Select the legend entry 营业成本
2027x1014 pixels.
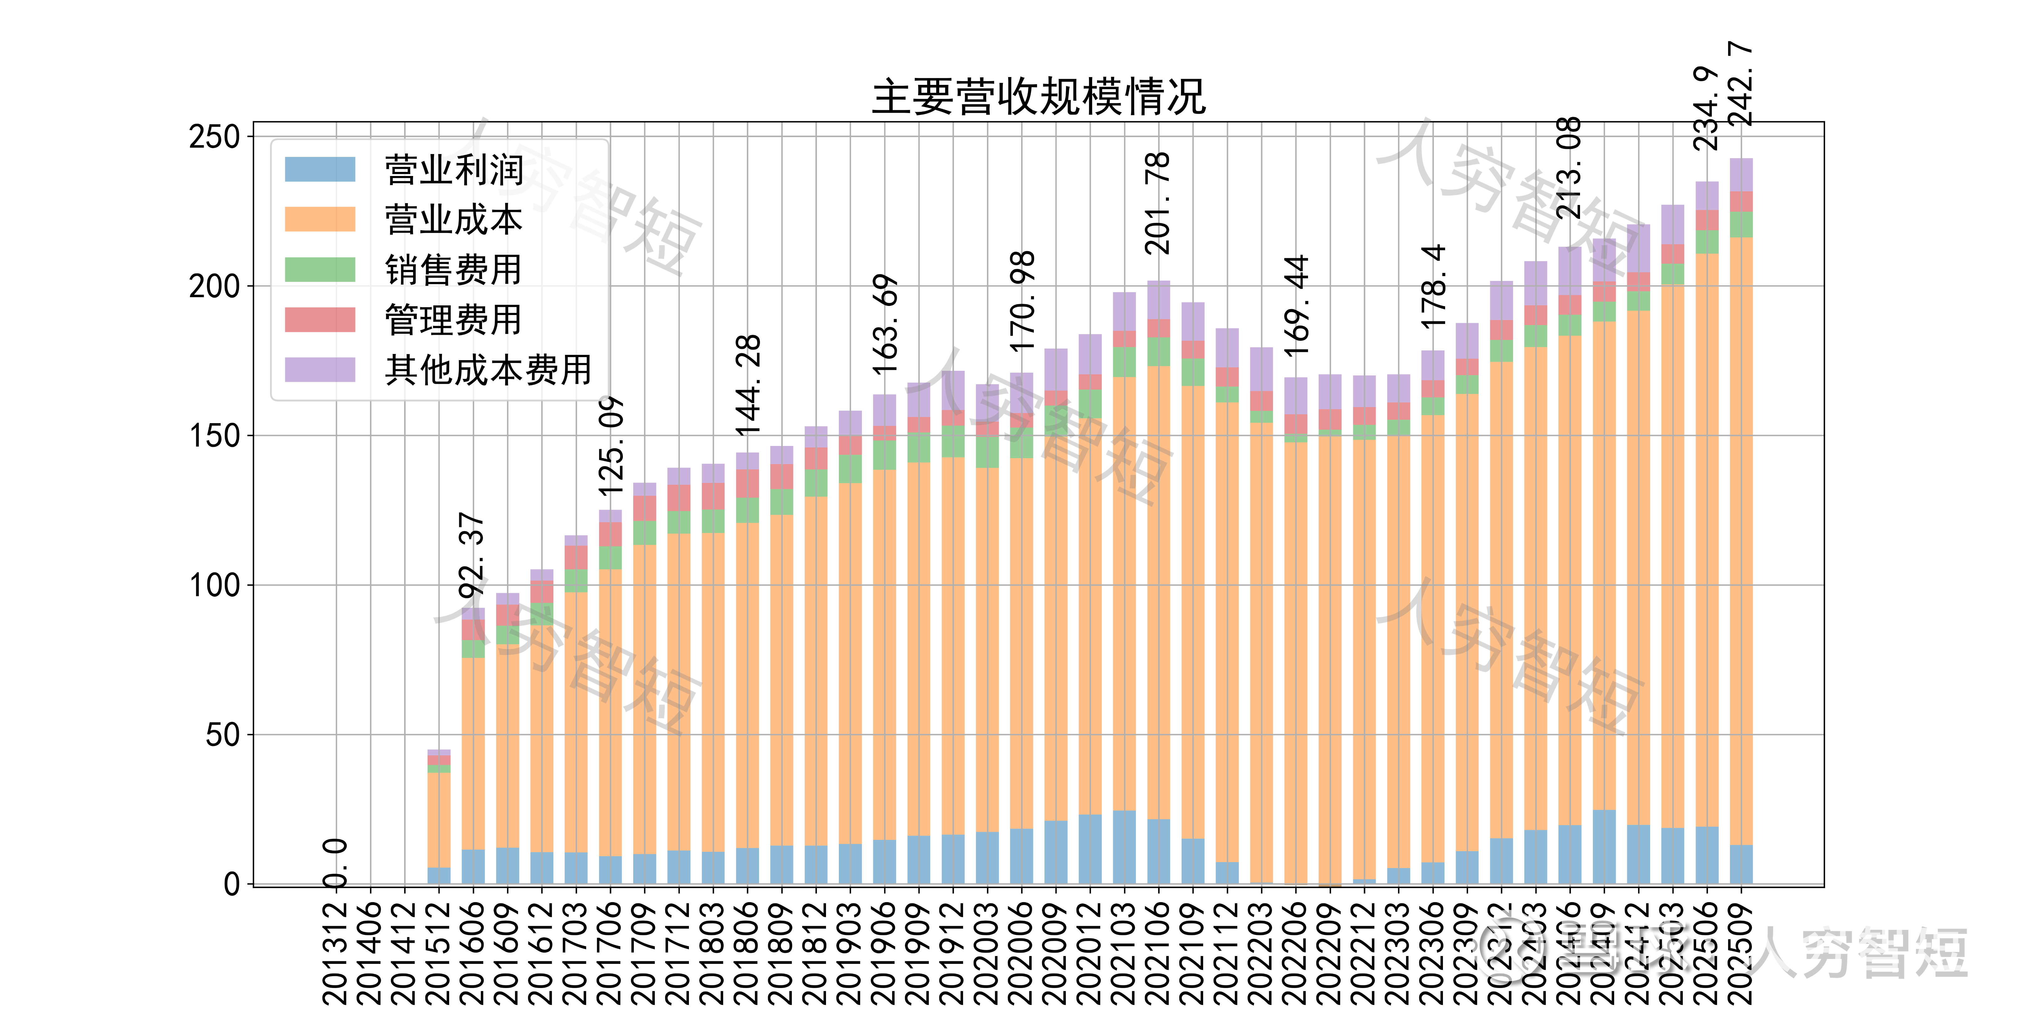[x=454, y=220]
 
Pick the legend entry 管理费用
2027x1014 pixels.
[x=454, y=320]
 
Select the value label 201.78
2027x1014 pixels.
[x=1158, y=203]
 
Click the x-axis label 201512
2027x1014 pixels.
[x=438, y=953]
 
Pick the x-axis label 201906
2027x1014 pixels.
[x=885, y=953]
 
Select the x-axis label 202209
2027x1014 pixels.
[x=1330, y=953]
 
